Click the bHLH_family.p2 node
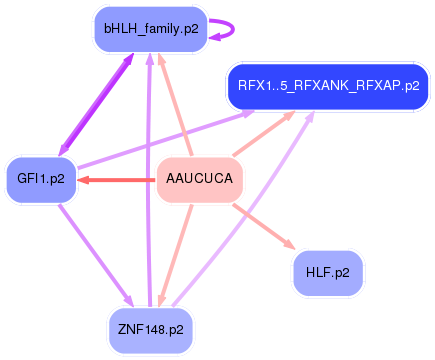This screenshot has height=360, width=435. click(150, 30)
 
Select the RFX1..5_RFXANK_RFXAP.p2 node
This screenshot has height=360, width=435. click(328, 85)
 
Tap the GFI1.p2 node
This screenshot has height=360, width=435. click(41, 180)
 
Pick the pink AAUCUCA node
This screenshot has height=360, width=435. click(200, 180)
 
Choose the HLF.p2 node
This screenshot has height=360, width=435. click(328, 272)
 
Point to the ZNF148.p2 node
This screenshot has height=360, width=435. click(150, 328)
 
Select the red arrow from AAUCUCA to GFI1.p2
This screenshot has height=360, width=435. click(120, 180)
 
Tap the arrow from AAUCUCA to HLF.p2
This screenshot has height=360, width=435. click(262, 226)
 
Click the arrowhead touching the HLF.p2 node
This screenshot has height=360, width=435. click(289, 246)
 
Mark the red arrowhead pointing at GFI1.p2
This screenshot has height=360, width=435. click(84, 180)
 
